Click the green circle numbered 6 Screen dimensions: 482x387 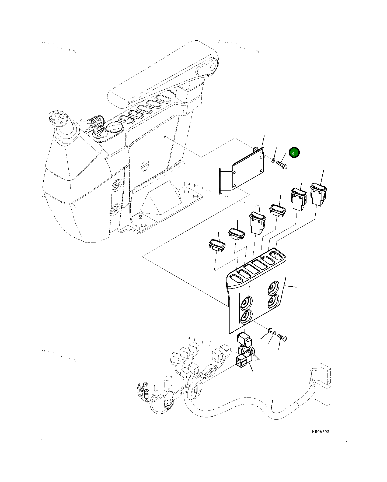pos(294,153)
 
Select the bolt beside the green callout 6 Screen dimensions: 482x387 pos(282,164)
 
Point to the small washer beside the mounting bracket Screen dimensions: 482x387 pos(273,161)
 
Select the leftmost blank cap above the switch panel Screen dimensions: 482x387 pos(217,245)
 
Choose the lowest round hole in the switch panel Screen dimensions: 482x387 pos(246,316)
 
